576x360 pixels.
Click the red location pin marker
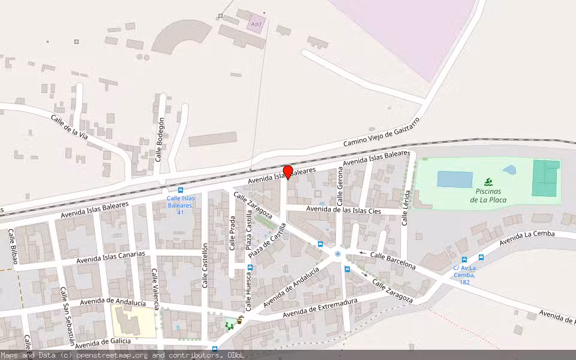point(287,172)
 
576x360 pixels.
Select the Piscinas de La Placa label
point(488,195)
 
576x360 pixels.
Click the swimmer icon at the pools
point(489,182)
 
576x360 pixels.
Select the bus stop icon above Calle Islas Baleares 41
point(181,190)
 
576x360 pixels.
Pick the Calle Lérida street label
point(406,208)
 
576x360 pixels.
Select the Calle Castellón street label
point(205,265)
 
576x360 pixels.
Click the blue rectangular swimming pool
point(455,179)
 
